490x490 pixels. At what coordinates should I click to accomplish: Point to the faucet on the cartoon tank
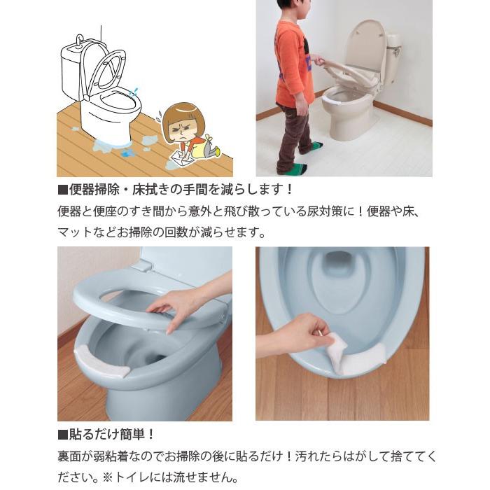point(80,39)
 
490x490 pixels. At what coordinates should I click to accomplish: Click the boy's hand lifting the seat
point(317,60)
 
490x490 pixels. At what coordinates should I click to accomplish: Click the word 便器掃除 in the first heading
point(94,190)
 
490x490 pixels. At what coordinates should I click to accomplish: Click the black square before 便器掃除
point(63,190)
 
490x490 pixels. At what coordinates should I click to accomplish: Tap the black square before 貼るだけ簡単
point(63,435)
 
